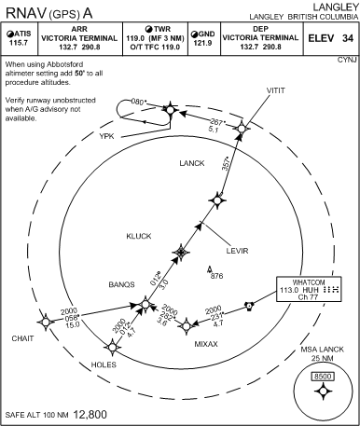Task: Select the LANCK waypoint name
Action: click(191, 163)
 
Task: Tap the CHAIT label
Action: click(22, 338)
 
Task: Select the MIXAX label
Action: click(206, 343)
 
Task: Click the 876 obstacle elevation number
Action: click(217, 277)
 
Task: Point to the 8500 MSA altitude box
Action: click(323, 377)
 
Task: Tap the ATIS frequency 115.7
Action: click(18, 43)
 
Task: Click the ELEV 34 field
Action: click(334, 38)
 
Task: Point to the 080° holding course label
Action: click(140, 101)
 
